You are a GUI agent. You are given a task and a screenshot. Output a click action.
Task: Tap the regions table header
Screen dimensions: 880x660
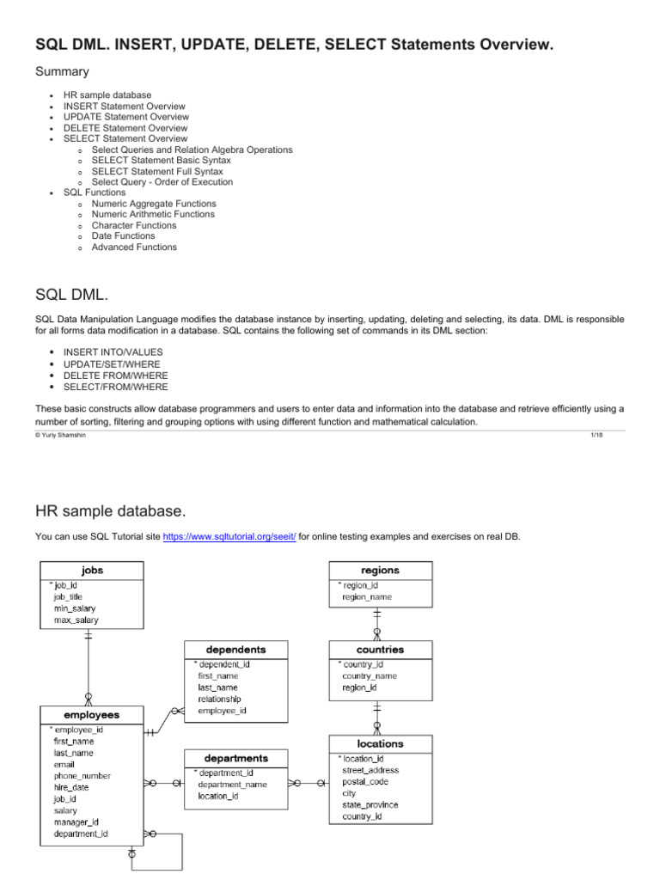(x=381, y=570)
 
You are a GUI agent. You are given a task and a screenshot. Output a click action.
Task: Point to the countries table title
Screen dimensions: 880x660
(x=380, y=650)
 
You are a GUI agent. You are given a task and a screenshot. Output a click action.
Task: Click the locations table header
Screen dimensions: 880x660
(x=380, y=743)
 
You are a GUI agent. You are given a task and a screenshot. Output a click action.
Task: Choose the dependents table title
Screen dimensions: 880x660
(x=235, y=650)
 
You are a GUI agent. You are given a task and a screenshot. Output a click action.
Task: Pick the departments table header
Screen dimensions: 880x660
(x=235, y=759)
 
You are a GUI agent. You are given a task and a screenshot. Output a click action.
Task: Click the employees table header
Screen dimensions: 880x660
(x=91, y=714)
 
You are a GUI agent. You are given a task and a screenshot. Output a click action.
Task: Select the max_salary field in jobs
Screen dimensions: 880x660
(x=76, y=620)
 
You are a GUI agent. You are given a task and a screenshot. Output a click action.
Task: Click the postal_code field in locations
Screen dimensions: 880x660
(x=365, y=782)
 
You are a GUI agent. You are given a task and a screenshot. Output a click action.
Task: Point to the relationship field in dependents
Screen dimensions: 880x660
(x=219, y=699)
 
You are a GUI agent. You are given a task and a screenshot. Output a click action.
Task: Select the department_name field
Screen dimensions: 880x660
(x=232, y=784)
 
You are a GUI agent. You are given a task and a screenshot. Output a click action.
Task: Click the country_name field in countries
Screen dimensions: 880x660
(x=370, y=675)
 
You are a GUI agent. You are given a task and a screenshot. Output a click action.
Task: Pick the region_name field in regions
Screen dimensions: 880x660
(x=367, y=596)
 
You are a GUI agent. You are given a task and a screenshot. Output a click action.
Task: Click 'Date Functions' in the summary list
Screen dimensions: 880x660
(x=123, y=235)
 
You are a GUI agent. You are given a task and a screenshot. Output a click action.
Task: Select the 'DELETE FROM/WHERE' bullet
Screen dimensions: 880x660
(x=116, y=376)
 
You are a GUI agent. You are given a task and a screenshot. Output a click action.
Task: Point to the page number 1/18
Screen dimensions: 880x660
(x=593, y=437)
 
